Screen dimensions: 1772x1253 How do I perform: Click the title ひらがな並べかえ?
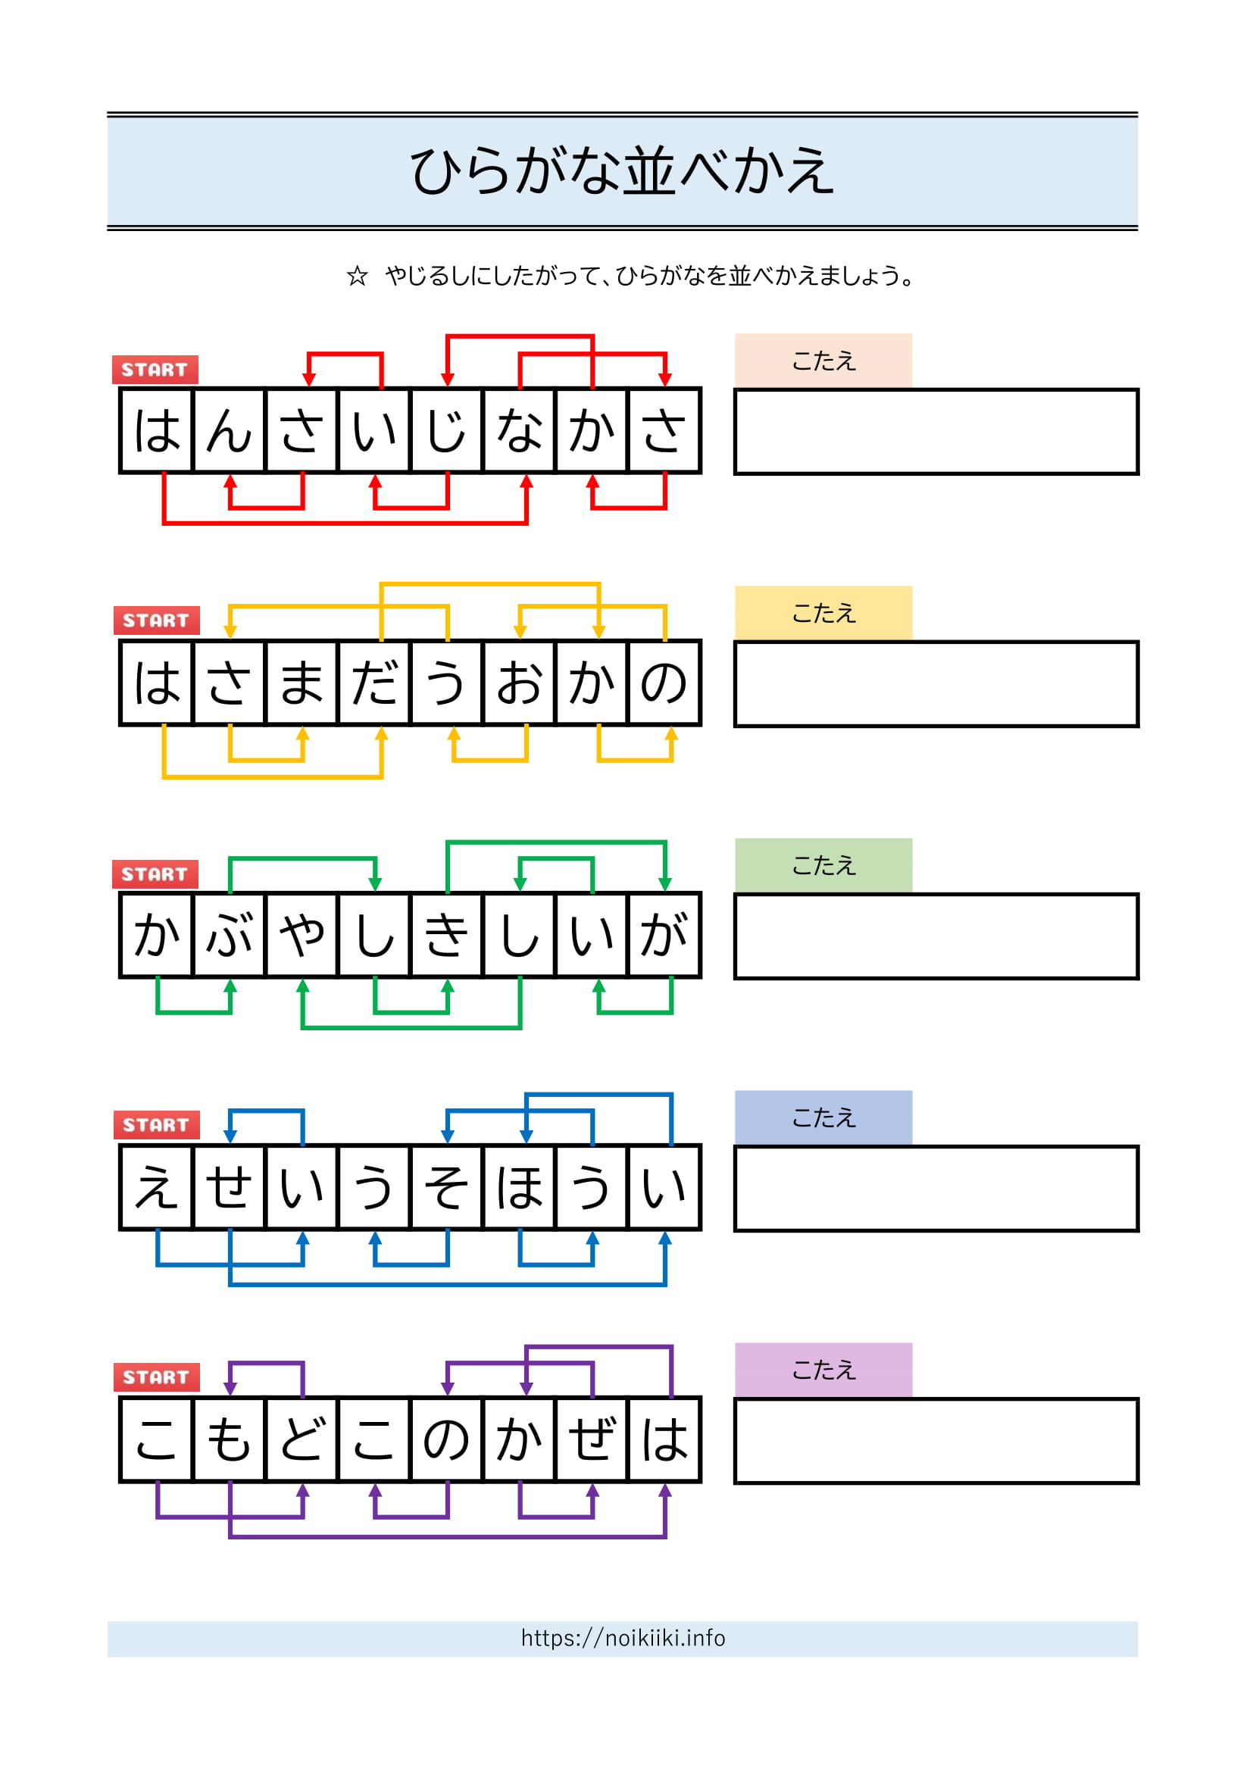point(622,170)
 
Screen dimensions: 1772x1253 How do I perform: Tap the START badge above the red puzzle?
point(155,370)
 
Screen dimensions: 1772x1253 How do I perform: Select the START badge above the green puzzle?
point(155,874)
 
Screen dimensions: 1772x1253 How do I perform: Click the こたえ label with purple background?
point(823,1370)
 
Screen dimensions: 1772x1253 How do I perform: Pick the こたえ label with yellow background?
point(823,613)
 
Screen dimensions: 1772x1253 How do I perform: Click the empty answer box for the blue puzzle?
point(936,1189)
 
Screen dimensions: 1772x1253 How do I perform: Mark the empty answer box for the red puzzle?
point(936,431)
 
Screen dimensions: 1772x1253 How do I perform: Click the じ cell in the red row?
point(447,430)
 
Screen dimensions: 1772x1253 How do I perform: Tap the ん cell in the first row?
point(229,430)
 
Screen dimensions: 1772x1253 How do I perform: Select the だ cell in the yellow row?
point(374,683)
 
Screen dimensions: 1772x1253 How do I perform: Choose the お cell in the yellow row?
point(519,683)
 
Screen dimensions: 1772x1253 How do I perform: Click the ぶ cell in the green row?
point(229,936)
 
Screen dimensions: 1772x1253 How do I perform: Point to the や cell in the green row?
point(302,936)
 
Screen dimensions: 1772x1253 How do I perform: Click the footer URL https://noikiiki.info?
point(623,1638)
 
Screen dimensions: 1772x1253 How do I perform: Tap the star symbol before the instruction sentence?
point(357,276)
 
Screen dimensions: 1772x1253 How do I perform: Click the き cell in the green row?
point(447,936)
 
